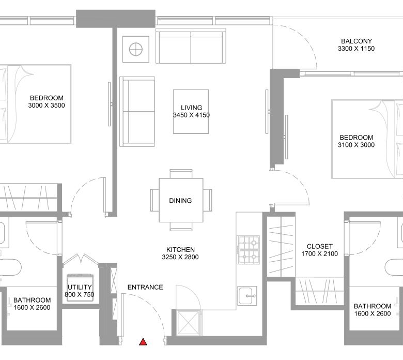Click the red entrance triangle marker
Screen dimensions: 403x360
143,342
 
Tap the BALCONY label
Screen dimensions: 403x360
356,41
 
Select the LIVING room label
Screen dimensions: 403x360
192,108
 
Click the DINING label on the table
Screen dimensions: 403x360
180,201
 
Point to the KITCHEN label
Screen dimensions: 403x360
180,250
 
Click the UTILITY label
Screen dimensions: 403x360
80,287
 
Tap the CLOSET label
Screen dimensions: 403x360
320,246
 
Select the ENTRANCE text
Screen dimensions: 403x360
145,287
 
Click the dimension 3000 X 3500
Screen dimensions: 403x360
47,105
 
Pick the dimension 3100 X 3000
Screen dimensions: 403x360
356,145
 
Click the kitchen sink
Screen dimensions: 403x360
247,296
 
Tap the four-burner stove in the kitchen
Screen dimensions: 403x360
249,250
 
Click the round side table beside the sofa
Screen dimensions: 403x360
136,49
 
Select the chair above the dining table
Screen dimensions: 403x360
181,174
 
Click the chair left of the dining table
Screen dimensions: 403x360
154,200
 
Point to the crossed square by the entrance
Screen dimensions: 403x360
188,323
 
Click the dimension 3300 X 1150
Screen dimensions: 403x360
356,49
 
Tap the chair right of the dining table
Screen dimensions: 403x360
207,200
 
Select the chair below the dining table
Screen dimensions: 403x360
181,226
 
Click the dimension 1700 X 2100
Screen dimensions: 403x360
320,254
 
